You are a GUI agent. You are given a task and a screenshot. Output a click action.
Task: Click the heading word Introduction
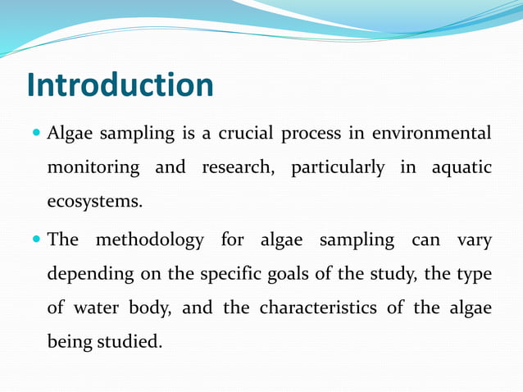tap(120, 85)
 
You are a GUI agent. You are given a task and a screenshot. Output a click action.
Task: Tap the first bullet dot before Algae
tap(35, 134)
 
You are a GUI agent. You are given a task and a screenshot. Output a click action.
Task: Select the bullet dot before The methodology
tap(35, 241)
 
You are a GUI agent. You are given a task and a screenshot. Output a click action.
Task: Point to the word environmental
tap(431, 133)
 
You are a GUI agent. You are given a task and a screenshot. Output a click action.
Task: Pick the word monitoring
tap(93, 167)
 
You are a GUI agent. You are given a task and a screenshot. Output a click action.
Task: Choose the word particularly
tap(338, 168)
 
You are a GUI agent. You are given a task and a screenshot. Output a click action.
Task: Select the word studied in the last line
tap(130, 341)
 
